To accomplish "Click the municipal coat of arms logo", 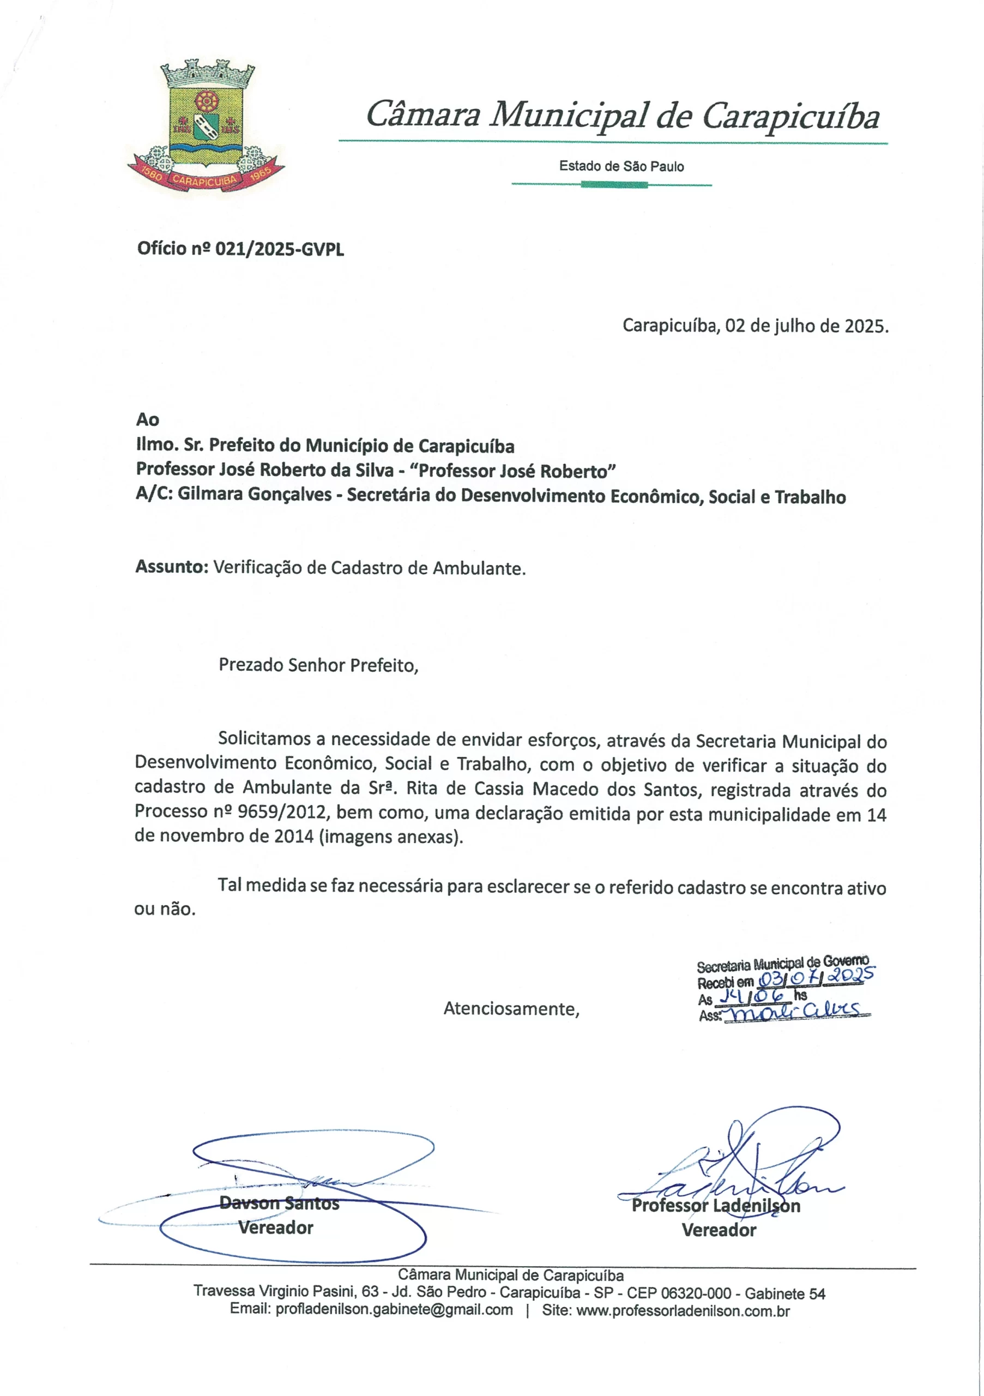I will [x=206, y=127].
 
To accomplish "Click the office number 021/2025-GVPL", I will [x=279, y=249].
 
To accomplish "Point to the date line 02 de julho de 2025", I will [x=755, y=327].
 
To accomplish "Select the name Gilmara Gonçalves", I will [x=255, y=496].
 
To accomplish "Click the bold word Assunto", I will [x=171, y=567].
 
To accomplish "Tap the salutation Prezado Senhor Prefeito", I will [x=318, y=665].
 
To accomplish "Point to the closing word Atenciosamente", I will [x=511, y=1009].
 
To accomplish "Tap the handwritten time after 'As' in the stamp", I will [x=751, y=995].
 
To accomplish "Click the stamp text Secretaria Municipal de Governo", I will [x=782, y=963].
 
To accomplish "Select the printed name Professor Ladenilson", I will [x=715, y=1206].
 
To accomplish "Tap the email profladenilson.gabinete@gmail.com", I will [x=394, y=1310].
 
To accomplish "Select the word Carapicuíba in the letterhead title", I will [x=790, y=116].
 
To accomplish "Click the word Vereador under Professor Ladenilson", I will [x=719, y=1231].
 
